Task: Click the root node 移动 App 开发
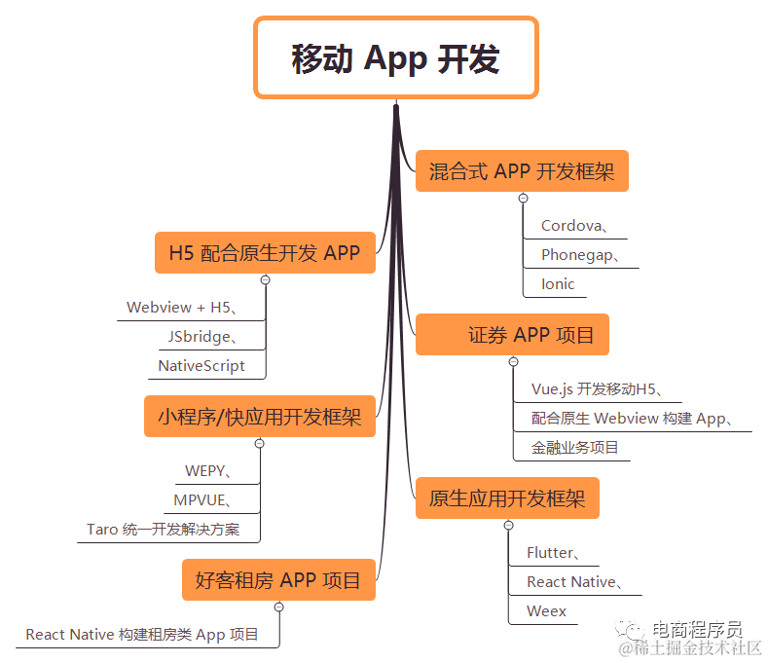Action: (395, 58)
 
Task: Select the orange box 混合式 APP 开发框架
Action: (522, 172)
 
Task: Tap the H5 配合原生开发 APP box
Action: (265, 253)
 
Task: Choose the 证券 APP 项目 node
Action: (512, 335)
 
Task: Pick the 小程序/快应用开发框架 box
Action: (259, 417)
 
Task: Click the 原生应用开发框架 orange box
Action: (507, 499)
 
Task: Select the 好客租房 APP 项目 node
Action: (278, 580)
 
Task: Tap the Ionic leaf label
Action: (558, 284)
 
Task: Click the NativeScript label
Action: (201, 366)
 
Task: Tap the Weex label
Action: (546, 611)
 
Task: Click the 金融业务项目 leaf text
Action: (574, 448)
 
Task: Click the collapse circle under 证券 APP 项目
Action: (514, 362)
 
